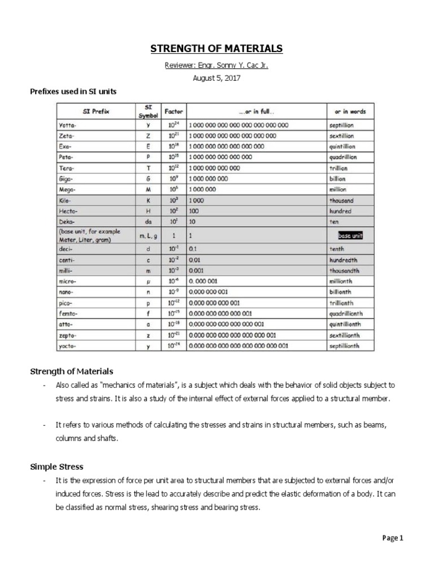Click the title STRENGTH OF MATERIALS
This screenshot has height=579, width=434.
pyautogui.click(x=216, y=49)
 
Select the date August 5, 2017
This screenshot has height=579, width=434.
pyautogui.click(x=216, y=78)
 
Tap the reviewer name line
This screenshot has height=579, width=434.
pyautogui.click(x=216, y=65)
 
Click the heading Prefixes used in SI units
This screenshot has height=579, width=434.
pyautogui.click(x=73, y=91)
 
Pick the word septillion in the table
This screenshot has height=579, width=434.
pyautogui.click(x=342, y=125)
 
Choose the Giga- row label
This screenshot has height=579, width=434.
pyautogui.click(x=66, y=179)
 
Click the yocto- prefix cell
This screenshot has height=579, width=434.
pyautogui.click(x=67, y=345)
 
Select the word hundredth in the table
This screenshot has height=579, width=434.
pyautogui.click(x=344, y=260)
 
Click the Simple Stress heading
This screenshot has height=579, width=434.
pyautogui.click(x=57, y=466)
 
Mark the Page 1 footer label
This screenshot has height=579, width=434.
pyautogui.click(x=392, y=538)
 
